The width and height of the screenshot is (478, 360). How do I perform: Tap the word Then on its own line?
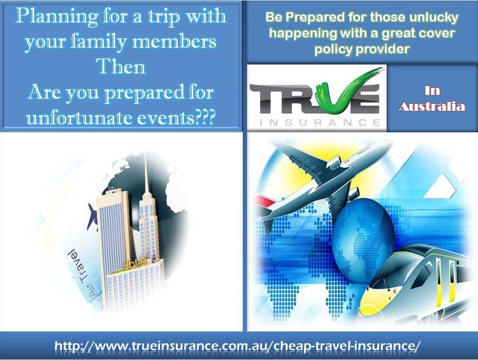[x=120, y=66]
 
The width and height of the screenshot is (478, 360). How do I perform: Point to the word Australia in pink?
[x=432, y=107]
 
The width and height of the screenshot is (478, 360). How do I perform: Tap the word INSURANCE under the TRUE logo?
[x=320, y=122]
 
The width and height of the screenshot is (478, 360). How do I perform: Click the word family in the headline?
[x=99, y=42]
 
